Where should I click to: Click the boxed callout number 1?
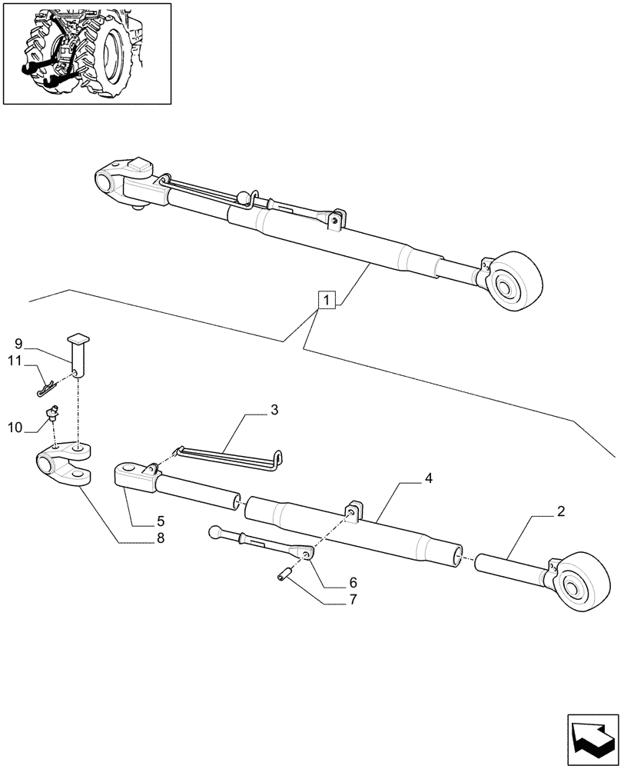pyautogui.click(x=327, y=300)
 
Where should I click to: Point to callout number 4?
pyautogui.click(x=428, y=478)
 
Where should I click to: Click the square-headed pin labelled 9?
pyautogui.click(x=78, y=353)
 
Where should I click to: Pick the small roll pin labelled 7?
pyautogui.click(x=284, y=571)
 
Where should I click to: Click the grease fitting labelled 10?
pyautogui.click(x=53, y=415)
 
